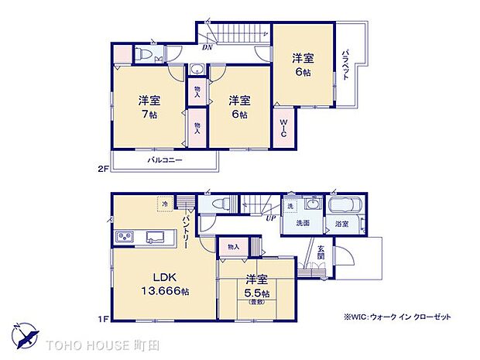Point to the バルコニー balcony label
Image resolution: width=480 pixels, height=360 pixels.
tap(165, 160)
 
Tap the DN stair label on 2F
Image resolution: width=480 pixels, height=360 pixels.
tap(207, 48)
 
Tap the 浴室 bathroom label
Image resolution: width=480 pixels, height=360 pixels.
tap(341, 224)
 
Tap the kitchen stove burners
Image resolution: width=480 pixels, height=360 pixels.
tap(125, 236)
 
